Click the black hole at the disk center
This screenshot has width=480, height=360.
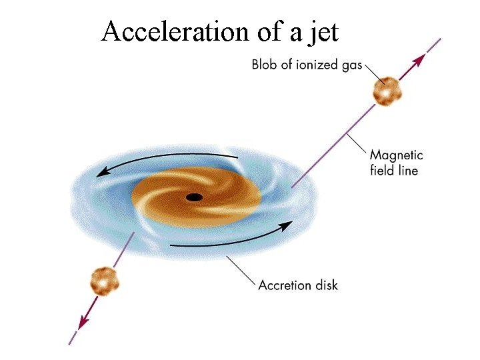pos(194,197)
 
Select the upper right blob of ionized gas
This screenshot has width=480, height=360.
pos(386,91)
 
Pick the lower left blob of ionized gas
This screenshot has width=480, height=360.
pos(105,281)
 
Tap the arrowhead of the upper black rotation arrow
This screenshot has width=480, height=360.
pos(102,173)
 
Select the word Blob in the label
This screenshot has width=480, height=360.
pos(265,65)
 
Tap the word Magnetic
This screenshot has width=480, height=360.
pos(397,155)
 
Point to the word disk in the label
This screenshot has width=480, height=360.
pos(326,285)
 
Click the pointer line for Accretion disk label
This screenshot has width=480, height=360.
pos(240,270)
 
